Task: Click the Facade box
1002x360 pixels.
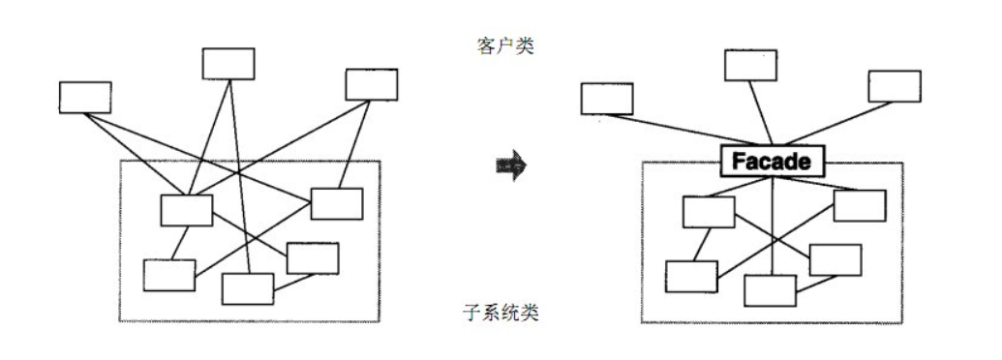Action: tap(772, 161)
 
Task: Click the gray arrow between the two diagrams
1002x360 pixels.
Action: tap(510, 165)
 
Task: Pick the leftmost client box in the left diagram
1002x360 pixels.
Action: tap(85, 97)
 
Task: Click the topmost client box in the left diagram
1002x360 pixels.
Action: tap(228, 63)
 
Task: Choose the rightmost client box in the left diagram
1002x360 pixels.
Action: tap(372, 84)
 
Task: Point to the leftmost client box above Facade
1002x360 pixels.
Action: tap(607, 99)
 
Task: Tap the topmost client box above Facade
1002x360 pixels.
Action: tap(751, 65)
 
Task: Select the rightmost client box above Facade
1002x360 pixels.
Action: tap(895, 85)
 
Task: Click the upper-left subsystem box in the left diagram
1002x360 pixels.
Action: tap(187, 210)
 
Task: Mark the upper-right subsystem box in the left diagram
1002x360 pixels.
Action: tap(337, 203)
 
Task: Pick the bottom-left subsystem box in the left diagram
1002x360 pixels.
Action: tap(169, 275)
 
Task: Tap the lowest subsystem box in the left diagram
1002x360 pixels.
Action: tap(248, 288)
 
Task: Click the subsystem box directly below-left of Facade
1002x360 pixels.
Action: tap(709, 212)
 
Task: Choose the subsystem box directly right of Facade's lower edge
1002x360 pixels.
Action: tap(860, 205)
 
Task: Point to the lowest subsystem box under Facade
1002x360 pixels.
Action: tap(771, 290)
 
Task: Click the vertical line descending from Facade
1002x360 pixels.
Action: tap(772, 223)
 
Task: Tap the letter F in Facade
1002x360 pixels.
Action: tap(737, 161)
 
